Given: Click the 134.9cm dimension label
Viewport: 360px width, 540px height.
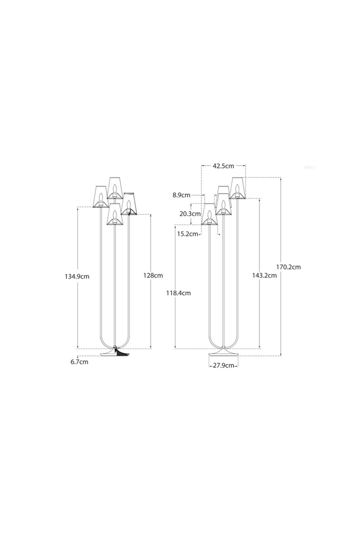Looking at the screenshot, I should pos(76,277).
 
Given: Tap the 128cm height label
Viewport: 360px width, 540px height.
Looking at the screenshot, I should pos(153,275).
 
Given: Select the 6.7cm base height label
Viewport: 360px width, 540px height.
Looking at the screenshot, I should pos(79,362).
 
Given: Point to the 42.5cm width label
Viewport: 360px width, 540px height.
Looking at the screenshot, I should pos(224,166).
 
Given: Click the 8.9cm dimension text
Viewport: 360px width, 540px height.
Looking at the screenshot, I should pos(181,195).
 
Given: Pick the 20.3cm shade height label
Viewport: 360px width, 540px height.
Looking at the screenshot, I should pos(189,214).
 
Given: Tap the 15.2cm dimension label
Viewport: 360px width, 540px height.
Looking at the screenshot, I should pos(188,234).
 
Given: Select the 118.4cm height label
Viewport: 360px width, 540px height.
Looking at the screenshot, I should pos(179,293).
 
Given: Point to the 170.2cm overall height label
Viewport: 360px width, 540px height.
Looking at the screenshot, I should pos(288,267).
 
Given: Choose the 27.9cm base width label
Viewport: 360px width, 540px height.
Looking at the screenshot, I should pos(224,365).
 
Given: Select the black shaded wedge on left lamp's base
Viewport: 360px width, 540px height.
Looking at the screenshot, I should pos(121,353).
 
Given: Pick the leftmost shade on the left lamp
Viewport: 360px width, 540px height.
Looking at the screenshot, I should pos(101,197).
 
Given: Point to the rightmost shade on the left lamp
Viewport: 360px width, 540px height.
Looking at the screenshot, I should pos(129,203).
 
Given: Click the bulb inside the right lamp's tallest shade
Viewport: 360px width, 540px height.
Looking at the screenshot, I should pos(237,188).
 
